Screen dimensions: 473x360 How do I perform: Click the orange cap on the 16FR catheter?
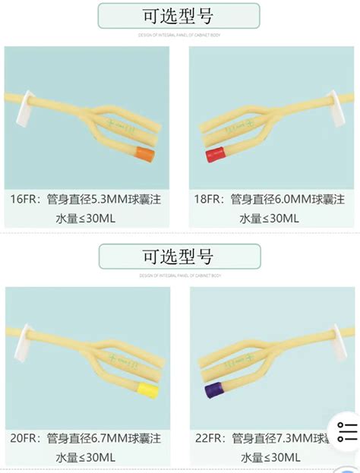tap(144, 155)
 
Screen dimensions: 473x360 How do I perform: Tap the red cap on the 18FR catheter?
tap(213, 156)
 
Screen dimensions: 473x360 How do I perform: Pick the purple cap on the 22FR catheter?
tap(213, 391)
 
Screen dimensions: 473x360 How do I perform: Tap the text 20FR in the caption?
tap(24, 438)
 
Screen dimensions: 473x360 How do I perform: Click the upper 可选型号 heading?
tap(178, 15)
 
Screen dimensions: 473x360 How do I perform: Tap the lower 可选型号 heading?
tap(178, 256)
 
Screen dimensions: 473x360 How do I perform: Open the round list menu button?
tap(346, 432)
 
